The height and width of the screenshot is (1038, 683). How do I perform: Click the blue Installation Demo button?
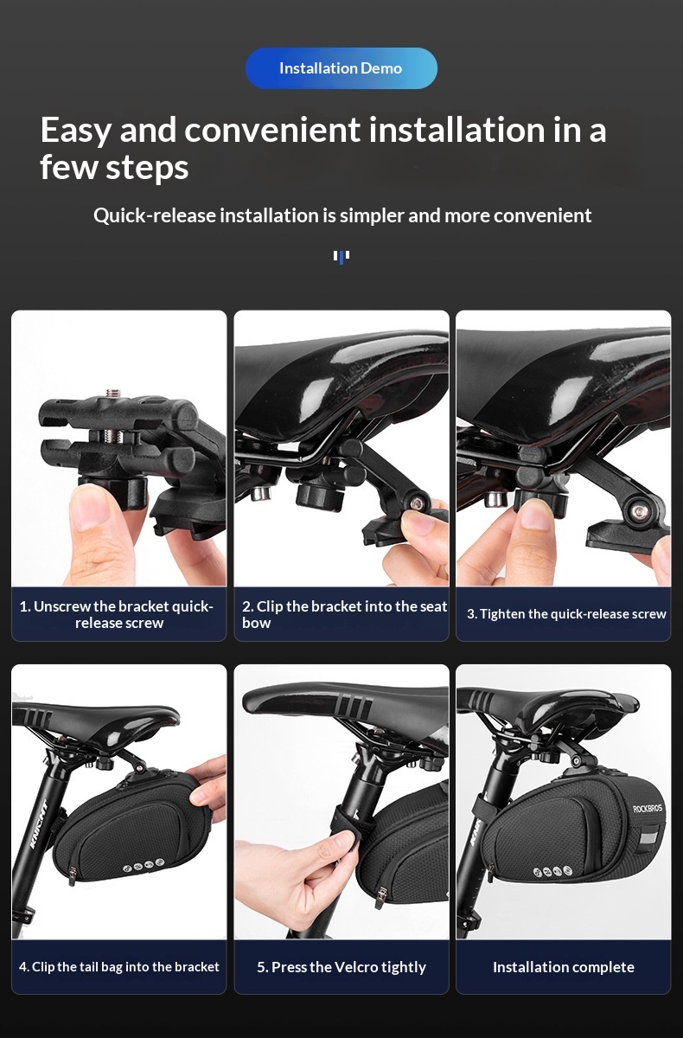(341, 68)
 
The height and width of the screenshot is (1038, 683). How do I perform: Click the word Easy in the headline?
(75, 131)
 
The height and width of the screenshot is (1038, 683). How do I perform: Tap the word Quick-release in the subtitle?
(155, 215)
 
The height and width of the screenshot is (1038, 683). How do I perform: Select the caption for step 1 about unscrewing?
(116, 614)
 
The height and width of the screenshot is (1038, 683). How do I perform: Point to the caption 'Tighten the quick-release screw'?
(566, 614)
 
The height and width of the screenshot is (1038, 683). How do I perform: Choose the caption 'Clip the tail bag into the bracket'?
(119, 967)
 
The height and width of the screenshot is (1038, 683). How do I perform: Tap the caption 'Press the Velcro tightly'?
(341, 967)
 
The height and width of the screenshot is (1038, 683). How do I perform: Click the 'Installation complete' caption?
(564, 967)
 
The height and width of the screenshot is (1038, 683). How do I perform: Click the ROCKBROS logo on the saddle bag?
(648, 809)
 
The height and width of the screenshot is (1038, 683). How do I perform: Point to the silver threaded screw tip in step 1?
(112, 394)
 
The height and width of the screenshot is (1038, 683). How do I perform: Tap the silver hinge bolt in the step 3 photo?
(640, 512)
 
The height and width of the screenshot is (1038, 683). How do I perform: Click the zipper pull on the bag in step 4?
(73, 875)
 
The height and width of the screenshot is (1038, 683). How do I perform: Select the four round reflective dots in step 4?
(144, 864)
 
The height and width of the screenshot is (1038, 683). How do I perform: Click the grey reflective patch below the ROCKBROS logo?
(648, 840)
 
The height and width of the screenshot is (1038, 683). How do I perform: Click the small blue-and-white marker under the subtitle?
(341, 257)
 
